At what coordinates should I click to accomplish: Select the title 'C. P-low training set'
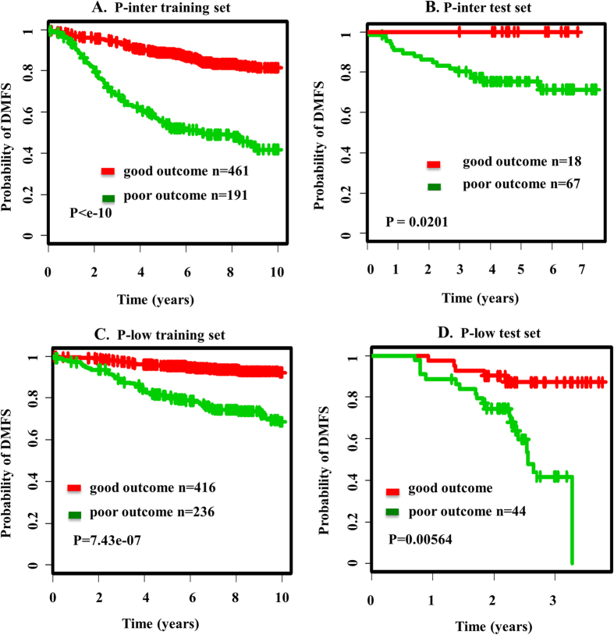[160, 335]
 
